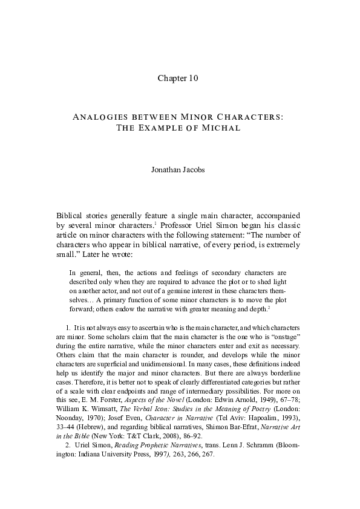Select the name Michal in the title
pos(223,128)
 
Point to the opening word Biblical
pos(72,216)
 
